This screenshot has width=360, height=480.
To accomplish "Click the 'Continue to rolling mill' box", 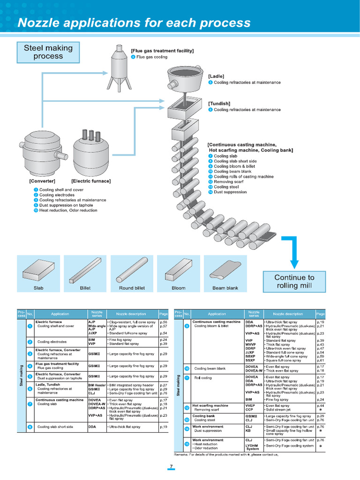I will [x=294, y=281].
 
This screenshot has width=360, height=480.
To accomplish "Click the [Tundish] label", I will [x=219, y=104].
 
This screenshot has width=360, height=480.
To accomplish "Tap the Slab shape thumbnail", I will [x=38, y=272].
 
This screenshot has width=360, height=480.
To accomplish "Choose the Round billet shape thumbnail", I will [x=132, y=272].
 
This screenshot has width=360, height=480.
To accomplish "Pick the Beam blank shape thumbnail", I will [x=225, y=272].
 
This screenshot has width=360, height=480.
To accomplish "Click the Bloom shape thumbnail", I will [x=179, y=272].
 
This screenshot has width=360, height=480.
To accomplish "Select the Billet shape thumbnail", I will [x=85, y=272].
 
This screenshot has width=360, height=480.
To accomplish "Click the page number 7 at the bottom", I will [x=172, y=466].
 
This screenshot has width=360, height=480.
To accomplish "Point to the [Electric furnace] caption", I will [x=91, y=181].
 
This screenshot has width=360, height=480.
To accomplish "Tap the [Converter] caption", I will [x=42, y=181].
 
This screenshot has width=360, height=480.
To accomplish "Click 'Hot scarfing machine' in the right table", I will [x=210, y=405].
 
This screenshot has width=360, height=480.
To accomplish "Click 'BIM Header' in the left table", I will [x=97, y=385].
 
